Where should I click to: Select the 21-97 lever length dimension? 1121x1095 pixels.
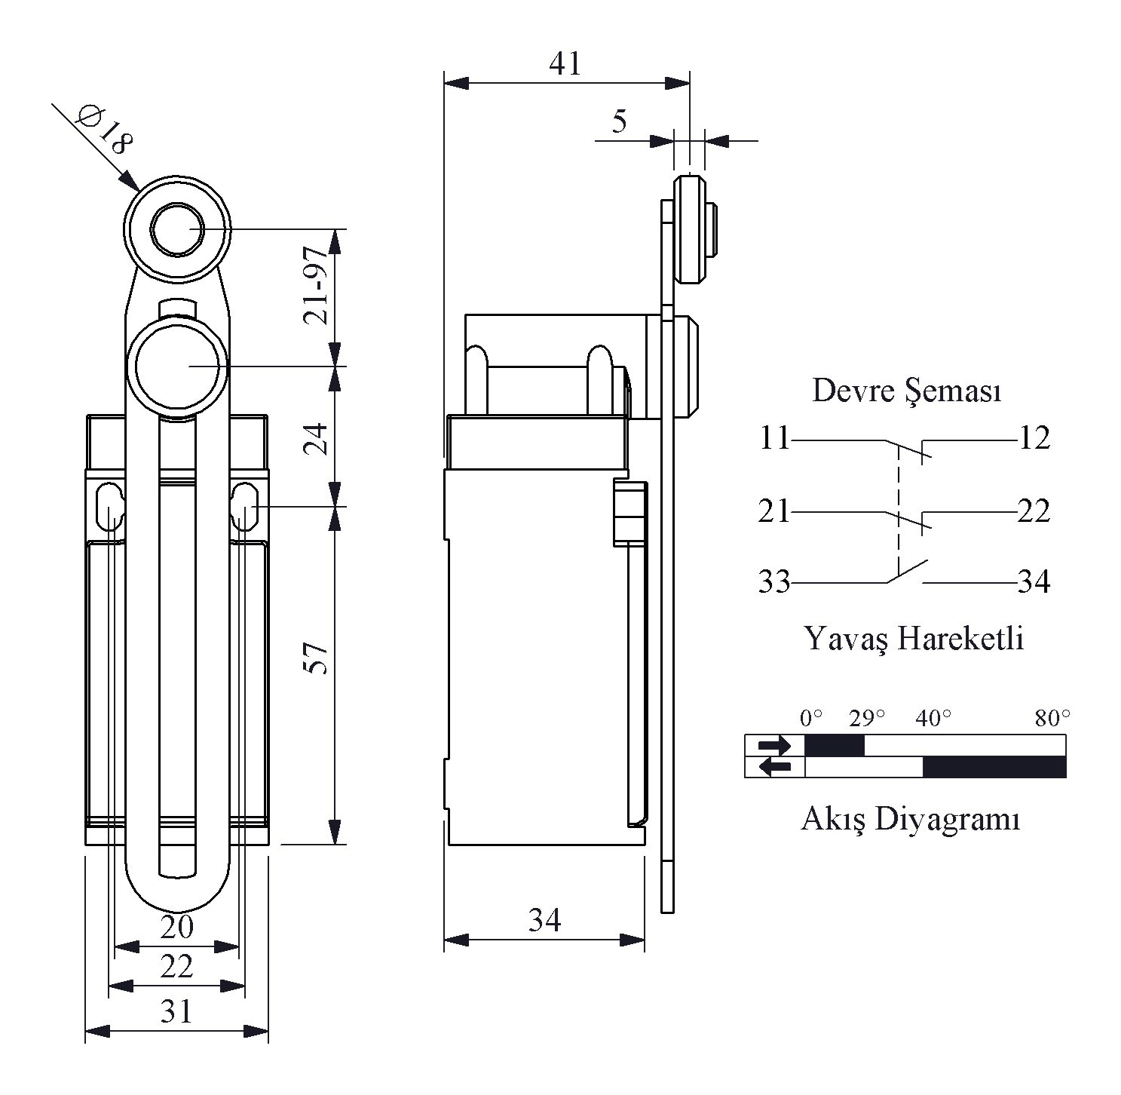click(316, 286)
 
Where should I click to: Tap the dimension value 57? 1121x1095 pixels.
click(316, 658)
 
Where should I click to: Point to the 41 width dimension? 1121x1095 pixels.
click(565, 64)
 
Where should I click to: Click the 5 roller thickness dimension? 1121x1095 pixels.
click(619, 121)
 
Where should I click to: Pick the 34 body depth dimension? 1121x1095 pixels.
click(544, 920)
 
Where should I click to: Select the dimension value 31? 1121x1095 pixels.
click(177, 1011)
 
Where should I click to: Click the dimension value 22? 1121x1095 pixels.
click(177, 966)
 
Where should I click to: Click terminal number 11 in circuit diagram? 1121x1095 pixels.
click(773, 438)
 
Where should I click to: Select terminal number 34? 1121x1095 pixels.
click(1034, 582)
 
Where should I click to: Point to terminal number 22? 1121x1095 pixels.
click(1034, 511)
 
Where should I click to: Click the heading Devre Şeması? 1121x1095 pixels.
click(907, 391)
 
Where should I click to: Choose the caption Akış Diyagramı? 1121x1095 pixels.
click(910, 818)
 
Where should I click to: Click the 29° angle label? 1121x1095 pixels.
click(866, 718)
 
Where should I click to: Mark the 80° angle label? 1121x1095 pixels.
click(1052, 718)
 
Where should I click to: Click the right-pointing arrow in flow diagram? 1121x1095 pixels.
click(774, 746)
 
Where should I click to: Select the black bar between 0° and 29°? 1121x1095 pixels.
click(835, 746)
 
